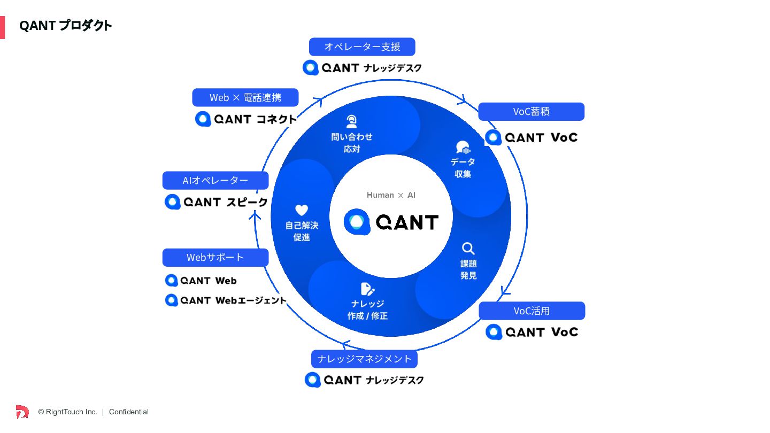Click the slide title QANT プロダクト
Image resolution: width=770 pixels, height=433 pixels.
(x=65, y=26)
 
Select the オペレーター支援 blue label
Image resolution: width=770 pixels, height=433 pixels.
(x=362, y=47)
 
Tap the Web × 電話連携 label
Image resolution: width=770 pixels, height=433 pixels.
(x=245, y=97)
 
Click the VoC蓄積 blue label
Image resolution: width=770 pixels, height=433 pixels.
(x=531, y=112)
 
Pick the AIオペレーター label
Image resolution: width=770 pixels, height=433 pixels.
(x=215, y=180)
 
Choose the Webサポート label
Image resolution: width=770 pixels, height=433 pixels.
(x=215, y=257)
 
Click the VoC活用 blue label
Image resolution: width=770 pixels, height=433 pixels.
(x=532, y=311)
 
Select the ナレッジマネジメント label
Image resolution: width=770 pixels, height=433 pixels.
(x=364, y=359)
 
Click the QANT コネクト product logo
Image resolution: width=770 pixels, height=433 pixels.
(x=245, y=119)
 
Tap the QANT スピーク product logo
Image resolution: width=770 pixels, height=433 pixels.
(x=216, y=202)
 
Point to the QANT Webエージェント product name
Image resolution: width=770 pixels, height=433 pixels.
(x=226, y=300)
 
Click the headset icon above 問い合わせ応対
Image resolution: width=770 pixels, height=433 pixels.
(x=351, y=121)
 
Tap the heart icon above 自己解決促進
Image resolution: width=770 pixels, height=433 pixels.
(x=302, y=210)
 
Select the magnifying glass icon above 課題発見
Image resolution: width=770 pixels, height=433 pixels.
(x=468, y=249)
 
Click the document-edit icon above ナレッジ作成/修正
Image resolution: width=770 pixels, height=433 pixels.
(x=367, y=289)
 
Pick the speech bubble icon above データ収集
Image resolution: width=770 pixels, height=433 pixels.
(x=463, y=148)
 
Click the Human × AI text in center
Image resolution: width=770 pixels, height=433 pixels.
(x=391, y=195)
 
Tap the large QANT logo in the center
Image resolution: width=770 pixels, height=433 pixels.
(x=391, y=221)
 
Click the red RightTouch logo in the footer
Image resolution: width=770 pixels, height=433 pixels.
(x=22, y=412)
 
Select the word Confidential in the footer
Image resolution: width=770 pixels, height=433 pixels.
(x=129, y=412)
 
